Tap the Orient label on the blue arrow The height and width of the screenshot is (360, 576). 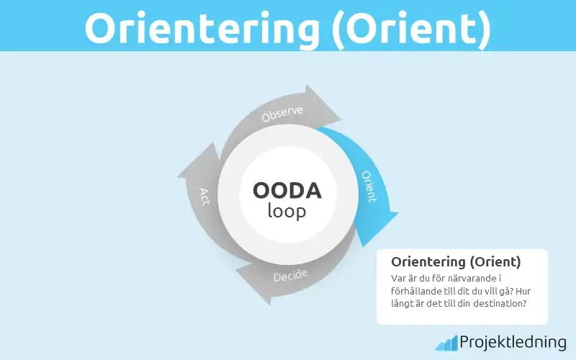pos(368,186)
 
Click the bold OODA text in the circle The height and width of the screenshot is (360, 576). pos(287,191)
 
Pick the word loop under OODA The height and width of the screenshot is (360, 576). pos(287,211)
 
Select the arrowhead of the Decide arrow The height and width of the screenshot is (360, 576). pos(249,276)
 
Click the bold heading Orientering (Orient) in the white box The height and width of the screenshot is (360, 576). pos(456,262)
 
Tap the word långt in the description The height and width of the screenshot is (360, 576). pos(405,304)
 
